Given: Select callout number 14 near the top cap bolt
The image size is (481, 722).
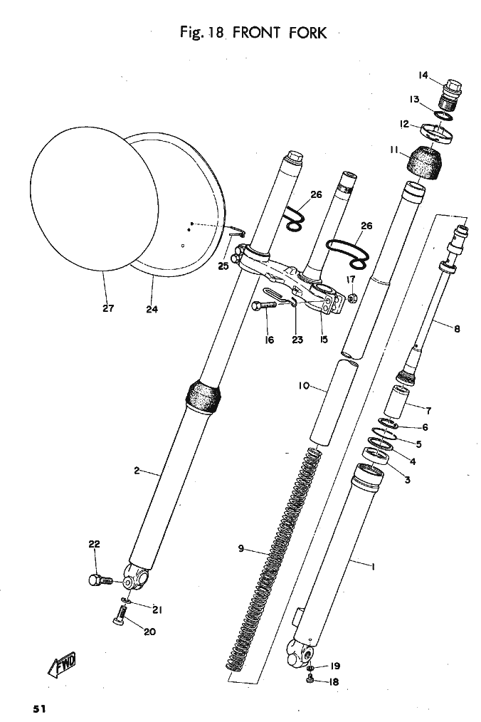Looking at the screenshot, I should click(423, 75).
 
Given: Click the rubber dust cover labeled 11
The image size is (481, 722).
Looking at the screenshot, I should click(425, 162).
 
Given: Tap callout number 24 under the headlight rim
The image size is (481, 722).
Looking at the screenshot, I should click(152, 309).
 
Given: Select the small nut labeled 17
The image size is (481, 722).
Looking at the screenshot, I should click(352, 298).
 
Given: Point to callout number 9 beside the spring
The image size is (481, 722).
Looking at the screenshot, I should click(241, 548).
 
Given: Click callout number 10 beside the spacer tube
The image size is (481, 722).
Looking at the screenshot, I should click(303, 386).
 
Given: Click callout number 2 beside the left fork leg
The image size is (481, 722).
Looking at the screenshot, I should click(135, 471).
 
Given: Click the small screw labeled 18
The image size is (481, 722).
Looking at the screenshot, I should click(311, 681).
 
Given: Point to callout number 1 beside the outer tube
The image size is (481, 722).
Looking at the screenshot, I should click(372, 566).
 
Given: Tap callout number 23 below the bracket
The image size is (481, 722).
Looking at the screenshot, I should click(297, 340).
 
